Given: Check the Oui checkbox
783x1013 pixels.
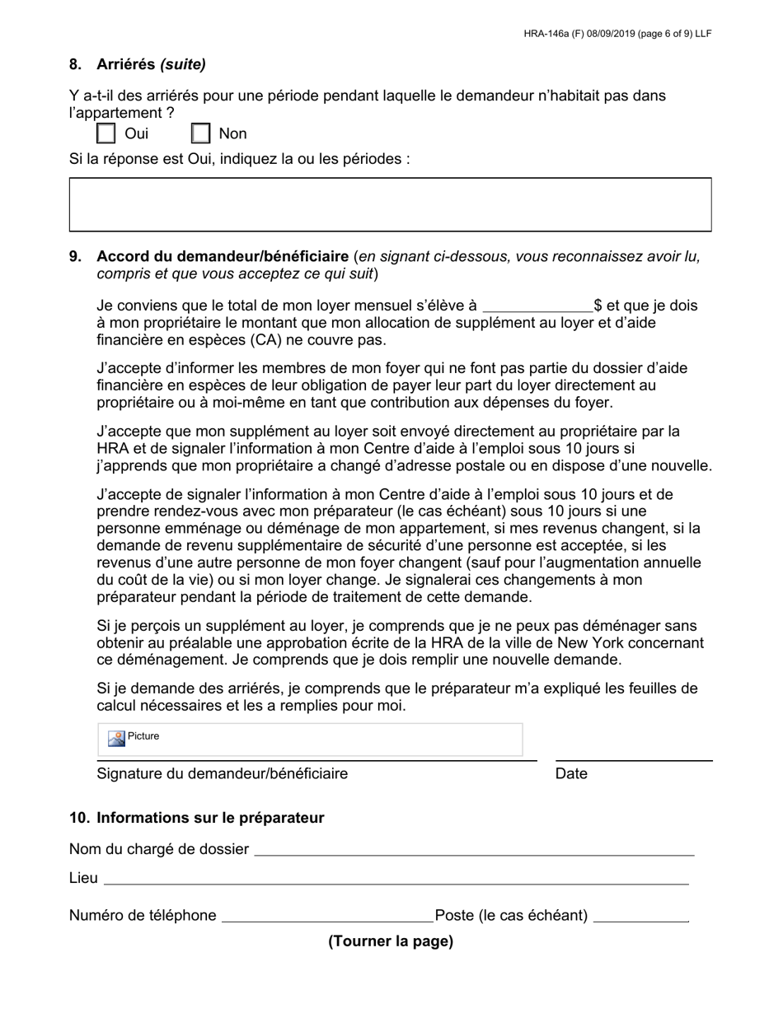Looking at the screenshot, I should [106, 133].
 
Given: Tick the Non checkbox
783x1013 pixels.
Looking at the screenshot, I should [201, 133].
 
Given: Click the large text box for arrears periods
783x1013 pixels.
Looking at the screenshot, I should [390, 204].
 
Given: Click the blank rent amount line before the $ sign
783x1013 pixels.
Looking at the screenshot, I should [537, 307].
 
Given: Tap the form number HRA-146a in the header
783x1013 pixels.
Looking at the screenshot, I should [549, 34].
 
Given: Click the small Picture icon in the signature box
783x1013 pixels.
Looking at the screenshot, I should [116, 738].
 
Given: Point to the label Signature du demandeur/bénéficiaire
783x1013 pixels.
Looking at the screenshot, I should [222, 773].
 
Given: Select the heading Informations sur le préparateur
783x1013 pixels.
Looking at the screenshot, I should [210, 818].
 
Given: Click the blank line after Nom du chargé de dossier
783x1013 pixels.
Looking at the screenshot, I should [474, 851].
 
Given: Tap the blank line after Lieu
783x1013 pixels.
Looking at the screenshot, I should [396, 880].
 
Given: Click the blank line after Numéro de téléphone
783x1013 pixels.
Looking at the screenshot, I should [327, 917].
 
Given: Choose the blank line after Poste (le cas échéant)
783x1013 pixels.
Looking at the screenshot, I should [640, 917].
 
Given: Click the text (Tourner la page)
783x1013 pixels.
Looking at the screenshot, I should [391, 941].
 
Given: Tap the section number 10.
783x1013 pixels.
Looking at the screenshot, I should [79, 818].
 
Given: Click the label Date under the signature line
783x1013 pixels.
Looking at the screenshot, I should [571, 773].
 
